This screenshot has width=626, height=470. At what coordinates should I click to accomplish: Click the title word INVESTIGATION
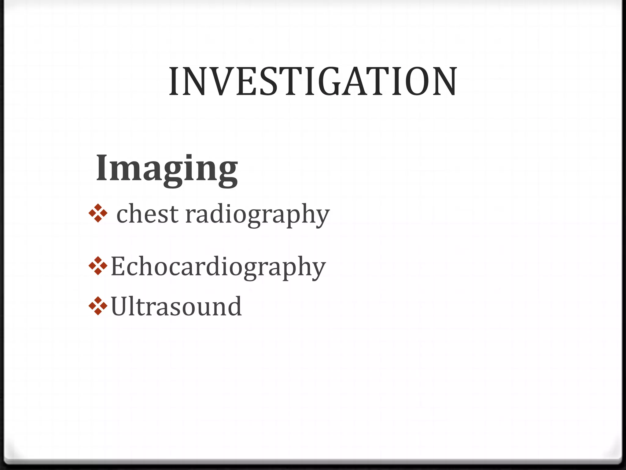(313, 82)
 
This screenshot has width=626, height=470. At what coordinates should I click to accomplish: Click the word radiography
(257, 215)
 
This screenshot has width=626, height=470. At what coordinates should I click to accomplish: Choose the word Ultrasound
(176, 306)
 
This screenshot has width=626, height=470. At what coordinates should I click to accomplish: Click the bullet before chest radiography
(98, 213)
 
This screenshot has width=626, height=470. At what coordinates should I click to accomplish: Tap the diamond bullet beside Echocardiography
(98, 266)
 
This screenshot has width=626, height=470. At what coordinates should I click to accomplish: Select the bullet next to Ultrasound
(98, 306)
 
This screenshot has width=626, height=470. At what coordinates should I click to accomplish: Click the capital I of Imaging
(102, 167)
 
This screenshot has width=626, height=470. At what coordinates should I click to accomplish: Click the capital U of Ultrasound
(120, 306)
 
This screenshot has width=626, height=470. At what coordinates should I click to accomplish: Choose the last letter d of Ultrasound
(234, 306)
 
